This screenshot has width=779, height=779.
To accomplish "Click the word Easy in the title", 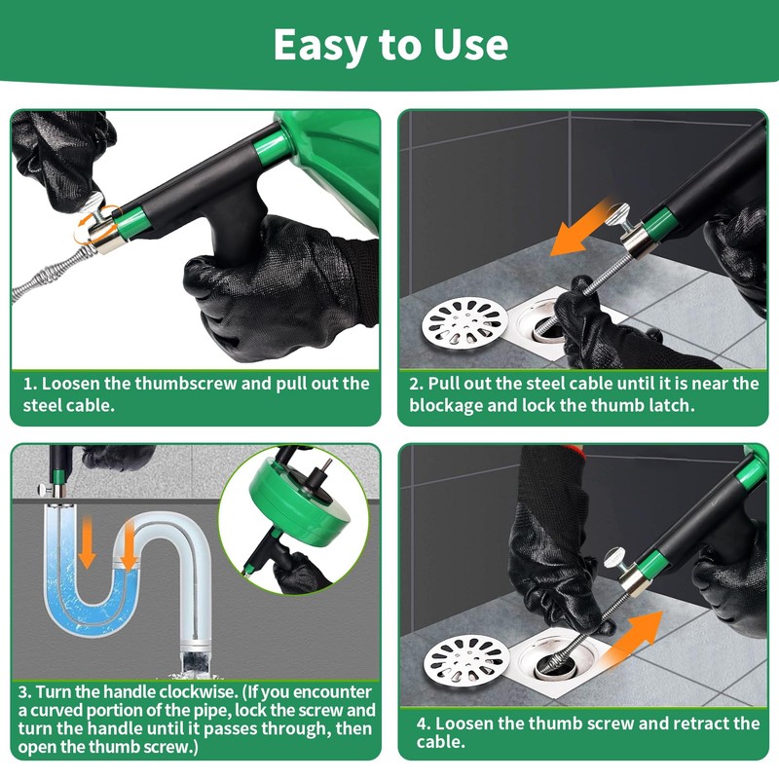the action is point(320,45).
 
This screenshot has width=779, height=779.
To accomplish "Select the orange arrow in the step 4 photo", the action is point(632,639).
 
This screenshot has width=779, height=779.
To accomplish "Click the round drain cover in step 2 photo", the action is point(465,323).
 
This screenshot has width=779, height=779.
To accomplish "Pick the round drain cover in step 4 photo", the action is point(466,660).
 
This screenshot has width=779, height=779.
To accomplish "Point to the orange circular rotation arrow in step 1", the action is point(95,224).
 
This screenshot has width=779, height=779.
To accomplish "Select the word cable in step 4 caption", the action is point(439,742).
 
